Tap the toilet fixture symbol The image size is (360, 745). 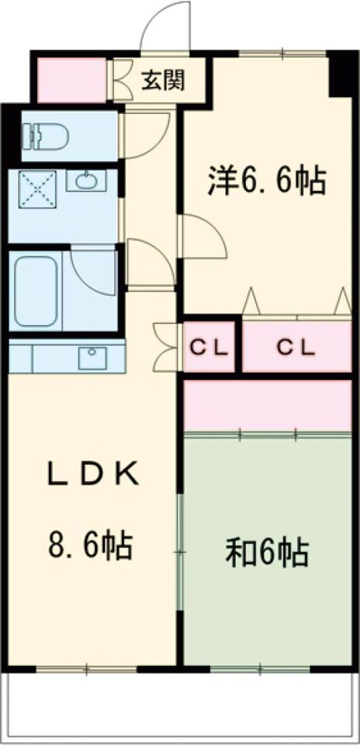(46, 137)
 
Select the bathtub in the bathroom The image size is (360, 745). (36, 291)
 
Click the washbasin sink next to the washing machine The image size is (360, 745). (86, 181)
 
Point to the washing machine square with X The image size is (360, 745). (37, 189)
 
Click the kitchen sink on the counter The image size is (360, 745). (93, 358)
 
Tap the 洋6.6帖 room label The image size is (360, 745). (267, 182)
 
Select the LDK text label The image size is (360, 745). (94, 474)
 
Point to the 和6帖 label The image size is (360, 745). (267, 552)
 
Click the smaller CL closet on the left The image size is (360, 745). (209, 348)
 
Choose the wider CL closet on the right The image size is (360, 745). (297, 348)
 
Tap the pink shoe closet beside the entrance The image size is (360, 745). (71, 80)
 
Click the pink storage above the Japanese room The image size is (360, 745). (268, 405)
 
